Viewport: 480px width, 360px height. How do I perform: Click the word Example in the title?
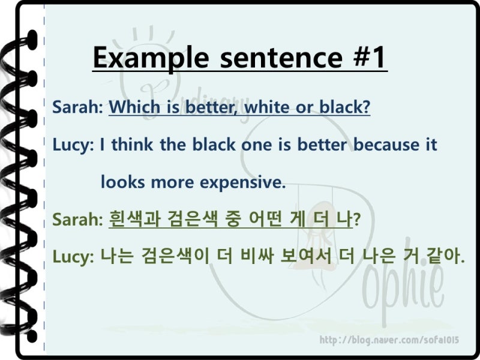151,58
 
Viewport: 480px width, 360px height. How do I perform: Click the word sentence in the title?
281,58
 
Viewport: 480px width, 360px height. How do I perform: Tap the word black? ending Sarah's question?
344,107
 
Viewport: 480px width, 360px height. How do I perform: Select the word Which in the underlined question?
134,107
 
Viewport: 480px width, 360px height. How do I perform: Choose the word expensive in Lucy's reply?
242,183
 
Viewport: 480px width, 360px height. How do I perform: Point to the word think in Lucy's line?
132,144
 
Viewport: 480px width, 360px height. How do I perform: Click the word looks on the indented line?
123,182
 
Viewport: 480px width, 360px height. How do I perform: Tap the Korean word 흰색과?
135,219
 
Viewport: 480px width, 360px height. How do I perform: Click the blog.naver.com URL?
389,340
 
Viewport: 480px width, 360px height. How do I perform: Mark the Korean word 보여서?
306,256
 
